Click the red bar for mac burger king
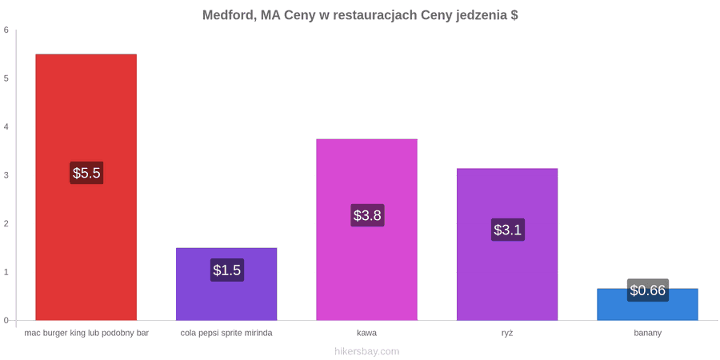86,187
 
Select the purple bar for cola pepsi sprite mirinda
226,284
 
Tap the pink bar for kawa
366,230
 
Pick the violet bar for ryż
507,244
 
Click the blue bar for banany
647,305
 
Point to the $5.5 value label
86,173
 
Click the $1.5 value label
227,270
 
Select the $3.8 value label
367,215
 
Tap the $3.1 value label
508,230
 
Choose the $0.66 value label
647,290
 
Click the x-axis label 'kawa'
366,334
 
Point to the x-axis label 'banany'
647,334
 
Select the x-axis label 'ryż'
507,334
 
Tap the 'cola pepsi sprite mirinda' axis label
226,334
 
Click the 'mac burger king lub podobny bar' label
86,334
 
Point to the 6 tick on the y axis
6,30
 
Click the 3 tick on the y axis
6,175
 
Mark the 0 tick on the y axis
6,321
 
